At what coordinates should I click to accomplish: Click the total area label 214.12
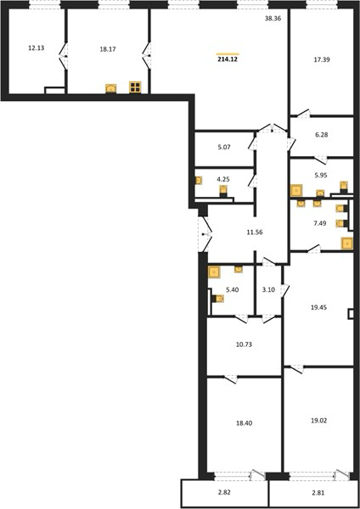tap(228, 59)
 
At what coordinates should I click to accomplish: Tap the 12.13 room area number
tap(36, 48)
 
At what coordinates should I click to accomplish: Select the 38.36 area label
tap(273, 19)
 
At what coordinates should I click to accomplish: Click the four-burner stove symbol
tap(135, 87)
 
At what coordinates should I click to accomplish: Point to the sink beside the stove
tap(111, 88)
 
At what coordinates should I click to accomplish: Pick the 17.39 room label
tap(322, 59)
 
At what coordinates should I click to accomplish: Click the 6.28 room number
tap(322, 135)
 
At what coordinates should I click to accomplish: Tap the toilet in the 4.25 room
tap(223, 191)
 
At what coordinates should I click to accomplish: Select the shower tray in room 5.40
tap(215, 272)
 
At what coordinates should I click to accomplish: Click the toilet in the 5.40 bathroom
tap(217, 299)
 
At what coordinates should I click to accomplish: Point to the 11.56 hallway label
tap(255, 232)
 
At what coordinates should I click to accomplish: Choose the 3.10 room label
tap(268, 289)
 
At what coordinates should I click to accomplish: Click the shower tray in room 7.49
tap(347, 243)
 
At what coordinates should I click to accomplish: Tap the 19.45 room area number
tap(318, 307)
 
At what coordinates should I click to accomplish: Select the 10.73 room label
tap(244, 344)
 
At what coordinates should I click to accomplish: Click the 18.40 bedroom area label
tap(244, 423)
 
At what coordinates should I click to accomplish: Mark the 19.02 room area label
tap(318, 421)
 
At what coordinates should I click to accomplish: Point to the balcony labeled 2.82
tap(224, 494)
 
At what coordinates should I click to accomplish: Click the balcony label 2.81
tap(318, 493)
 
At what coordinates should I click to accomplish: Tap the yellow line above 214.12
tap(228, 54)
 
